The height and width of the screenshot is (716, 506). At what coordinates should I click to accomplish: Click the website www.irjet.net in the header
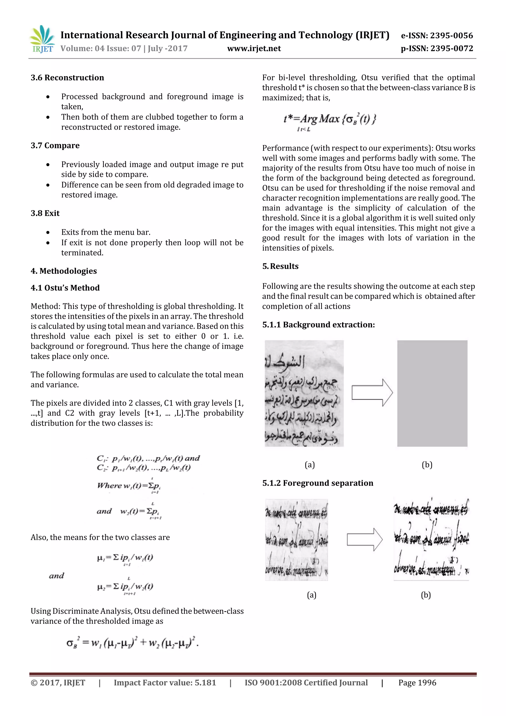(254, 48)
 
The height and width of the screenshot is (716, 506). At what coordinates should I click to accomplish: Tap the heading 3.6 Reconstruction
(67, 78)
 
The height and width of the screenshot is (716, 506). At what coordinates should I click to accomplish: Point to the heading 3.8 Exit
(45, 213)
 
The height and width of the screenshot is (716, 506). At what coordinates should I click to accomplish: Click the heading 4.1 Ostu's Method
(65, 288)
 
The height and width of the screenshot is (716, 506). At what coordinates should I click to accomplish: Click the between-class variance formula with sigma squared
(132, 642)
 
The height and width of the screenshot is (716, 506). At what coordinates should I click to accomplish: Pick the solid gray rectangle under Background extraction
(432, 393)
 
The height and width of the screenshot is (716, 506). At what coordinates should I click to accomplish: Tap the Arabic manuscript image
(304, 393)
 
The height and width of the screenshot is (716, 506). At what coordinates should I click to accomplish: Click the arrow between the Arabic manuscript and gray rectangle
(372, 393)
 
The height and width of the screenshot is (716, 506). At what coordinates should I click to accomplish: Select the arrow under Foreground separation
(364, 540)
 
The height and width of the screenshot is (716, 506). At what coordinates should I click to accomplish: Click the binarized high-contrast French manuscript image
(431, 539)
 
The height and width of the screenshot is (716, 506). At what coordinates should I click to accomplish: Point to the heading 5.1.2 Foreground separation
(318, 483)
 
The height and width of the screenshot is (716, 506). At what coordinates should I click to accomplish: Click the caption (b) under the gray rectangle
(427, 465)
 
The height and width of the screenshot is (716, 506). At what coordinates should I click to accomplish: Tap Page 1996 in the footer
(417, 683)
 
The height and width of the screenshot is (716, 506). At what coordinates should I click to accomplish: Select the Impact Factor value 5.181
(165, 683)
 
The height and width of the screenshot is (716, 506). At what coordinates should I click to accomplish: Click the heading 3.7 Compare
(55, 146)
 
